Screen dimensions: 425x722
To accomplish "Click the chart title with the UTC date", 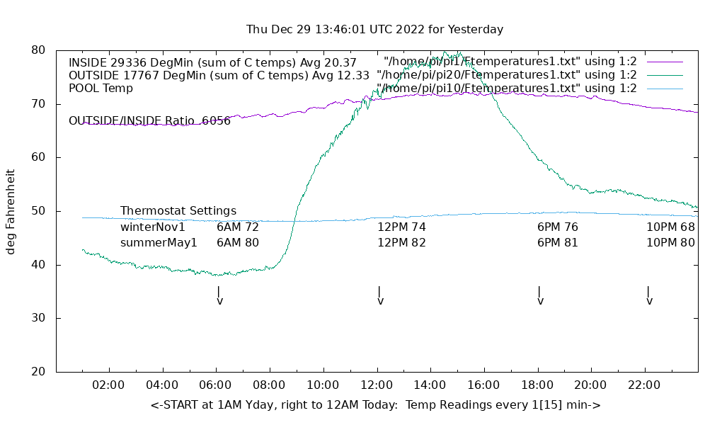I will (374, 30).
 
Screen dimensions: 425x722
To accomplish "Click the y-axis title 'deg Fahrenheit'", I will (11, 211).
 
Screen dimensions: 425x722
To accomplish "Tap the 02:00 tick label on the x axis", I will (109, 385).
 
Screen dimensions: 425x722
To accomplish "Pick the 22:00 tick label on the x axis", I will (644, 385).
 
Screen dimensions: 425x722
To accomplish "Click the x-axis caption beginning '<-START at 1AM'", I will (375, 405).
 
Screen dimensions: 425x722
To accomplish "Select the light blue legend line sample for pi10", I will (665, 89).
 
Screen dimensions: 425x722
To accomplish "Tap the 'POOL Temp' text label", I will (101, 89).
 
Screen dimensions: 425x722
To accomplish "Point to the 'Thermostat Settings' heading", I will (178, 211).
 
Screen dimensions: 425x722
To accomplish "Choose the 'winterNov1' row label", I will (153, 227).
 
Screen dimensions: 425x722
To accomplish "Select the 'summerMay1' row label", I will (159, 243).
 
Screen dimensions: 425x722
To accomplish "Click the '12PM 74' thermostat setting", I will (401, 227).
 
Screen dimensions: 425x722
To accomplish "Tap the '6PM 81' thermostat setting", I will (558, 243).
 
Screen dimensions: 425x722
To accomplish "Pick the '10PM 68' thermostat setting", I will (670, 227).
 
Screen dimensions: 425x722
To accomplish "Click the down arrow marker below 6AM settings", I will (219, 295).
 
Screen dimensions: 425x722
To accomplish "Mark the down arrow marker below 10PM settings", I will (649, 295).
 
